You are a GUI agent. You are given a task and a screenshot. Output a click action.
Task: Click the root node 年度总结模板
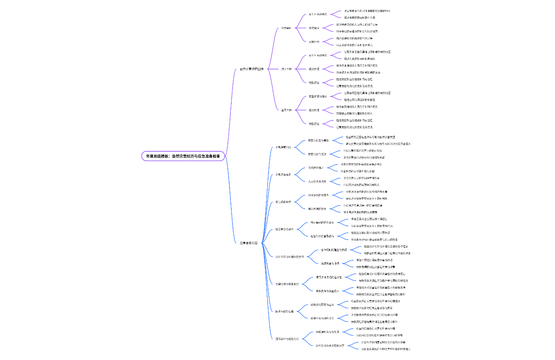click(183, 156)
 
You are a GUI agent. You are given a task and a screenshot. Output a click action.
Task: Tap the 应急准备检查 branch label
click(248, 243)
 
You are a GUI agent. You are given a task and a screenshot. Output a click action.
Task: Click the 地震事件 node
click(286, 28)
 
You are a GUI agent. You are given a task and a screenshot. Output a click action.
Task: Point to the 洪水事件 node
click(286, 69)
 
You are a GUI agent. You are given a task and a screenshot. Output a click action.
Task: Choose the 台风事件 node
click(286, 110)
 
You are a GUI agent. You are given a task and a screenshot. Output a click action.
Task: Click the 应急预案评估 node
click(283, 147)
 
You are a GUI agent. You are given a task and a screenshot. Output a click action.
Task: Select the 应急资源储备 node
click(283, 175)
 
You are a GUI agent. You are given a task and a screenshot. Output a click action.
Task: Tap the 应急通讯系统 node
click(283, 202)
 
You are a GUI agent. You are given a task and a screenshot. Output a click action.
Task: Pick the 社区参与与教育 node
click(284, 229)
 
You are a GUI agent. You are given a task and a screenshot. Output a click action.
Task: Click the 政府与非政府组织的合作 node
click(289, 257)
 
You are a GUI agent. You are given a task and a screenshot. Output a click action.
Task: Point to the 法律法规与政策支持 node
click(286, 284)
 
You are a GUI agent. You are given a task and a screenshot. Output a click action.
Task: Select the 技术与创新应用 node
click(284, 312)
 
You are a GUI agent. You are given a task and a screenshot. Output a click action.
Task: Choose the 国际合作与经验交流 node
click(286, 339)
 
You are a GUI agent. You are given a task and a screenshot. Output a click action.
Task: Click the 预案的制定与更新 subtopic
click(319, 141)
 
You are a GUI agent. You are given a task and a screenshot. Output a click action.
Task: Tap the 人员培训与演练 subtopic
click(317, 181)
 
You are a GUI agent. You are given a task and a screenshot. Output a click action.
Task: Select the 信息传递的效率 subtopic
click(317, 209)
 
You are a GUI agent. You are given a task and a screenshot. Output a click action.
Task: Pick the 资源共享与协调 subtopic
click(330, 264)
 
